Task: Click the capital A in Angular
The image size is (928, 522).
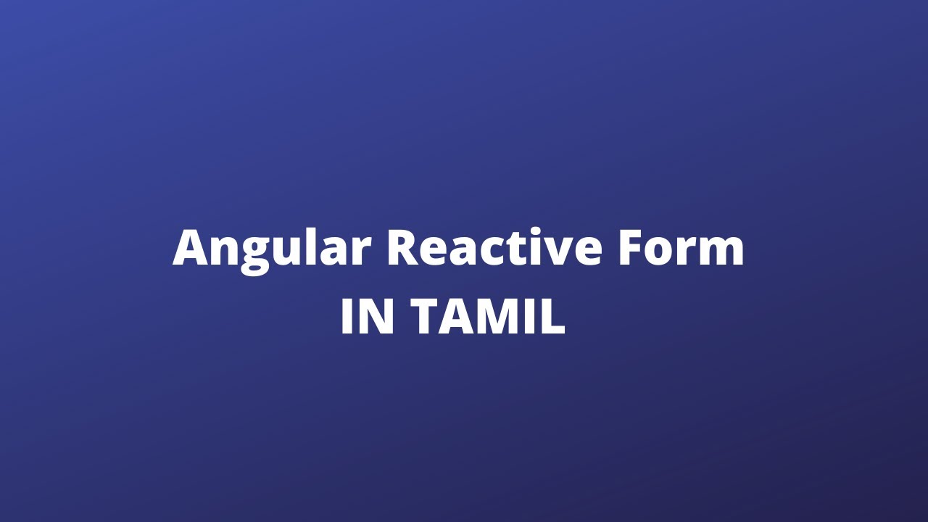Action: [x=191, y=249]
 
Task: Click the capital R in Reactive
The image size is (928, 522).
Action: [x=402, y=249]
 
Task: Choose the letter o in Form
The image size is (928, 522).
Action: [x=663, y=253]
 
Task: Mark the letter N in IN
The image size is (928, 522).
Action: [x=378, y=318]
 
